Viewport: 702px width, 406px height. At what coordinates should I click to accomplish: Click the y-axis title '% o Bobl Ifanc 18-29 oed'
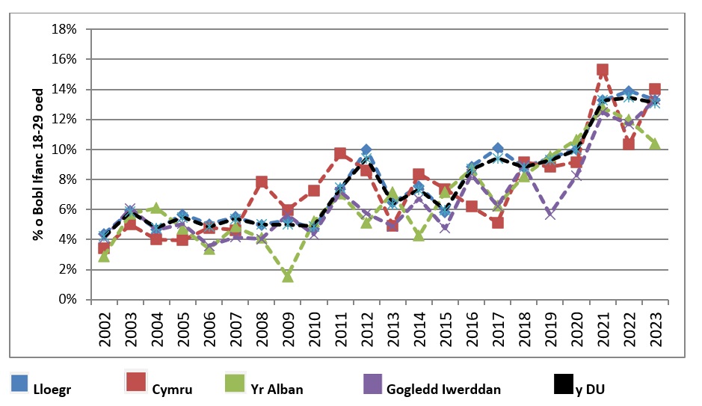point(37,164)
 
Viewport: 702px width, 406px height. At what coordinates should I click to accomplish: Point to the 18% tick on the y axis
point(65,29)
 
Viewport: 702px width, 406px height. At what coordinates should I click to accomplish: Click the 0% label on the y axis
point(68,299)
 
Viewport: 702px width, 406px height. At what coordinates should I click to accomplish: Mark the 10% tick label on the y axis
point(65,150)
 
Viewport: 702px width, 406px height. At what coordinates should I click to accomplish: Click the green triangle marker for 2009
point(288,276)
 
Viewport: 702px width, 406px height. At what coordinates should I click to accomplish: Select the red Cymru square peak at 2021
point(603,70)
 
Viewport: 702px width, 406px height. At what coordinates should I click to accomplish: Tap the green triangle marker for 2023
point(655,144)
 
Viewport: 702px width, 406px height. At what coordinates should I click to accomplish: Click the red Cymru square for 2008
point(262,182)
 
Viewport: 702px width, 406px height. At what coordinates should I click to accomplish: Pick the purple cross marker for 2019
point(550,214)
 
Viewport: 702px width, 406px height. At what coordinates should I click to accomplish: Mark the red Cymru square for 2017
point(498,222)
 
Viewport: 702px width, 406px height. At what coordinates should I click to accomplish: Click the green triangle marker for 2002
point(105,256)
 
